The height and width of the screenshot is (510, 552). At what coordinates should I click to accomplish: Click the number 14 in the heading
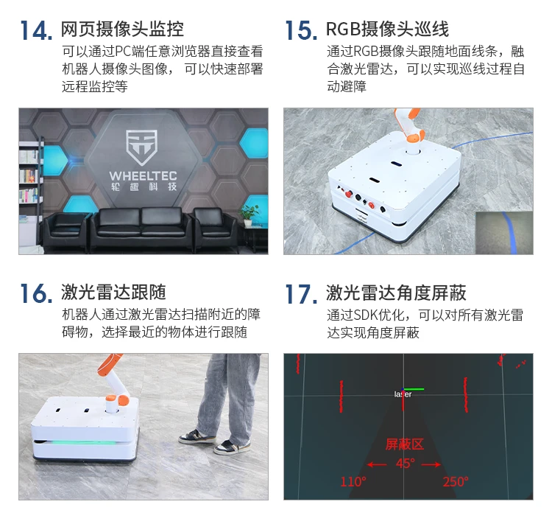point(35,30)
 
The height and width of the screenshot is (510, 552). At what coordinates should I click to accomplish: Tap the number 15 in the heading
point(300,30)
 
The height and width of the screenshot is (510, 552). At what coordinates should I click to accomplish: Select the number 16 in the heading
point(35,293)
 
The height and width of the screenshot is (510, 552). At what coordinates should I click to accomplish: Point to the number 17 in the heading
point(300,293)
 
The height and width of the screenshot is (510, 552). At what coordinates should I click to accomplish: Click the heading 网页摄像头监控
point(122,29)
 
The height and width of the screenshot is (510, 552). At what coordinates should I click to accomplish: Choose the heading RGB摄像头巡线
point(387,29)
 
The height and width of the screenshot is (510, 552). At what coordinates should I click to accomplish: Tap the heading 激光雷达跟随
point(113,293)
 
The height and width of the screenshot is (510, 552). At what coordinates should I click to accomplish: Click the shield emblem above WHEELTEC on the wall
point(140,146)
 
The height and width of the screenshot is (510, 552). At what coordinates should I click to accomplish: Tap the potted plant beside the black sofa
point(250,214)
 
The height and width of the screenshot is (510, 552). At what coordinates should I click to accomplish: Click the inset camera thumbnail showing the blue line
point(504,232)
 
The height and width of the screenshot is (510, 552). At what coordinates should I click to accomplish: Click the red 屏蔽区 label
point(405,444)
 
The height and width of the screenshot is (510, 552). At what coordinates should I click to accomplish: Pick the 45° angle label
point(405,464)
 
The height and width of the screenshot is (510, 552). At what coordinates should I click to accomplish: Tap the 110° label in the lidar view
point(353,482)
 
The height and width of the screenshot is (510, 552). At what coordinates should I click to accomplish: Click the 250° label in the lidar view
point(455,482)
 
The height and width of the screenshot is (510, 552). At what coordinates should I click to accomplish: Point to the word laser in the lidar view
point(403,394)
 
